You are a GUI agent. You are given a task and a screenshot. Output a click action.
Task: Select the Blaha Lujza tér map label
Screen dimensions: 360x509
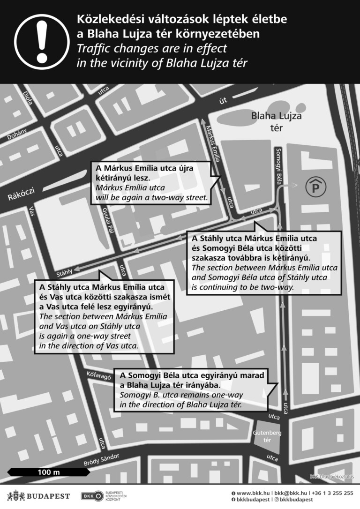pyautogui.click(x=276, y=121)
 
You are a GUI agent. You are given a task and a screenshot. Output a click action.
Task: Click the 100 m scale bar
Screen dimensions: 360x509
pyautogui.click(x=49, y=472)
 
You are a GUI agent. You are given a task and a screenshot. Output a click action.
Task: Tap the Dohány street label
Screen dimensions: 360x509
pyautogui.click(x=17, y=134)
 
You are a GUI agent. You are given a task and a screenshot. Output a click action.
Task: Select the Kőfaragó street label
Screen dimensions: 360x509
pyautogui.click(x=98, y=375)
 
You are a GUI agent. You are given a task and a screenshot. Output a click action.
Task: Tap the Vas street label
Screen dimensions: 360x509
pyautogui.click(x=32, y=212)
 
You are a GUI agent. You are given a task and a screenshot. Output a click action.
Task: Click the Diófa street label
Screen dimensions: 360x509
pyautogui.click(x=28, y=97)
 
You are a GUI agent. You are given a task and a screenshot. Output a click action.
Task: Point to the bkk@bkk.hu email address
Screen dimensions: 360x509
pyautogui.click(x=291, y=493)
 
